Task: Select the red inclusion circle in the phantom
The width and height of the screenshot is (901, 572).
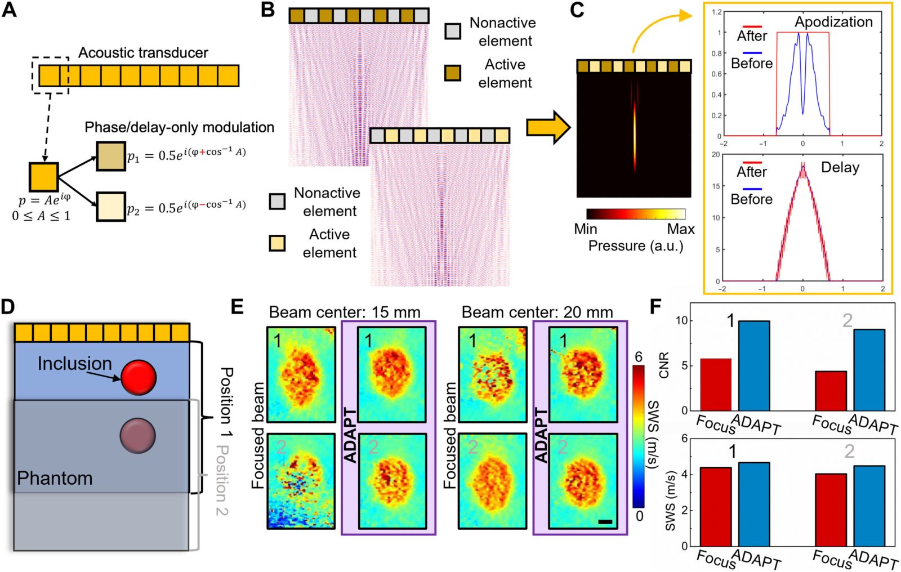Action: tap(138, 377)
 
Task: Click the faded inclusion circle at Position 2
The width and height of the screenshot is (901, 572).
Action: tap(137, 435)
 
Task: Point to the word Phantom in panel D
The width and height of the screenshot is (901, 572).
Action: tap(55, 478)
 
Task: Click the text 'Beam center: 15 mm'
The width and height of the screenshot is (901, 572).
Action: tap(344, 312)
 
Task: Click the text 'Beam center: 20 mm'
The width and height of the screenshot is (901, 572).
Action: tap(537, 312)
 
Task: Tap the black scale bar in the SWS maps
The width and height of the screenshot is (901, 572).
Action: tap(605, 522)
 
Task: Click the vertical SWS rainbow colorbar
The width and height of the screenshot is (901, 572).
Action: tap(638, 436)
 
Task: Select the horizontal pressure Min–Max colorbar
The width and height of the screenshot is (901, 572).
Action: tap(636, 214)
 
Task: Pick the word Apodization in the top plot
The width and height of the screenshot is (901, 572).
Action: tap(833, 22)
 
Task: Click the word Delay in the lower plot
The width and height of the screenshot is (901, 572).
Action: tap(840, 168)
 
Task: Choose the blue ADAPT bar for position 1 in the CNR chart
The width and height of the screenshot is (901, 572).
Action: tap(754, 365)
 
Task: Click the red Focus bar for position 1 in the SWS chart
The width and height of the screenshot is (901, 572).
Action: tap(716, 507)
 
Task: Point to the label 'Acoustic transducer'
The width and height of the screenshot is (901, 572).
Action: tap(143, 53)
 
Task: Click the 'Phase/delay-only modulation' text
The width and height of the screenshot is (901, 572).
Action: tap(179, 127)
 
